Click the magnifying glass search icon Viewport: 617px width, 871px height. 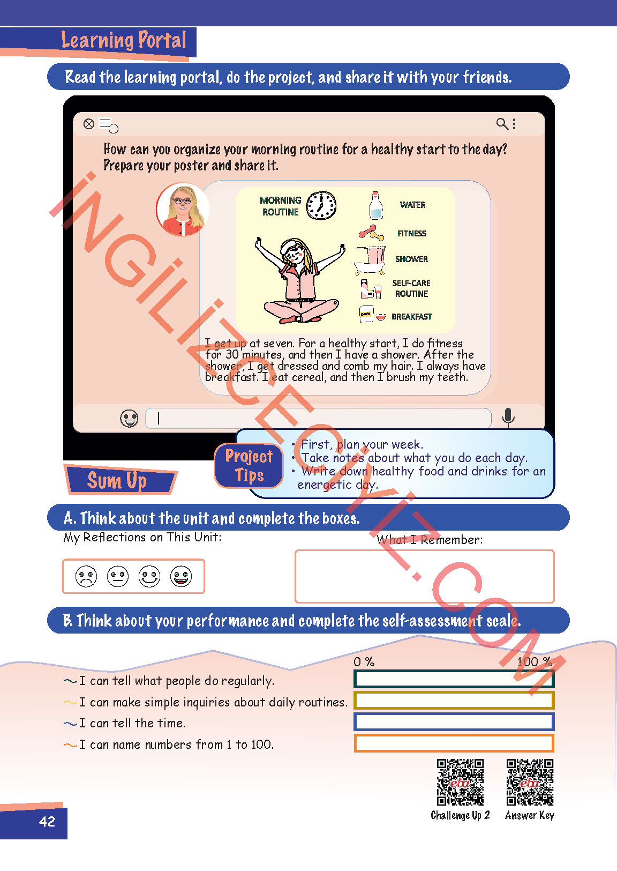click(502, 124)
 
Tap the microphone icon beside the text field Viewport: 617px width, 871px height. click(508, 418)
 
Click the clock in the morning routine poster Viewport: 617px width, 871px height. click(321, 205)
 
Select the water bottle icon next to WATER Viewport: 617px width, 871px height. click(376, 205)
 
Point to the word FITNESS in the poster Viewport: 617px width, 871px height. click(411, 233)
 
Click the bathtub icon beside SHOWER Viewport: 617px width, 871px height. click(370, 259)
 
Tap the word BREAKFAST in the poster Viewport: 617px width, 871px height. click(411, 317)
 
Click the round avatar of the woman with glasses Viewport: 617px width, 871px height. click(182, 210)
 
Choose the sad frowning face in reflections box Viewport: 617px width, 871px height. click(86, 576)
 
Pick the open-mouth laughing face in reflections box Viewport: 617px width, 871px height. click(181, 576)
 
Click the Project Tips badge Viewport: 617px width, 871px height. click(249, 465)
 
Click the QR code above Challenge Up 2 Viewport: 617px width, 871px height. click(460, 782)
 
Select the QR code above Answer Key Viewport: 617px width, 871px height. click(530, 782)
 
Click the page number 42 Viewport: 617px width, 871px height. click(47, 821)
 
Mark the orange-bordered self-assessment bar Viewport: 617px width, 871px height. click(454, 743)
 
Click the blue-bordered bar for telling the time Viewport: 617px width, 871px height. click(454, 721)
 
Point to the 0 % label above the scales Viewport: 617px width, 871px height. click(364, 662)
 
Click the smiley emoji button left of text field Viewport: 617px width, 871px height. click(129, 419)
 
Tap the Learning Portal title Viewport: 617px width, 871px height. click(124, 40)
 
